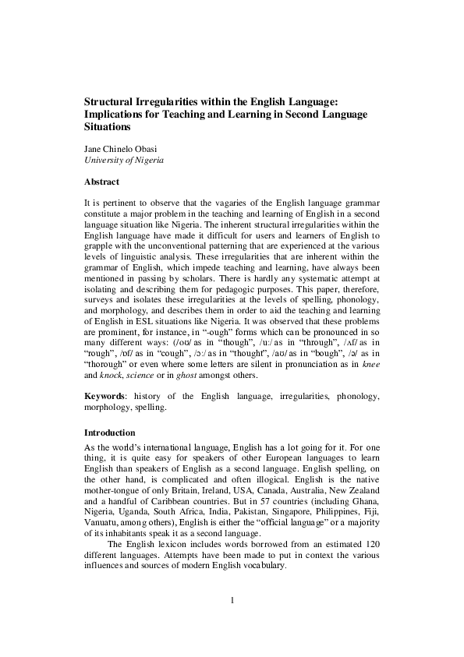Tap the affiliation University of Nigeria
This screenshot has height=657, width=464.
pos(123,161)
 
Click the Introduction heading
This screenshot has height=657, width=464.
pos(109,433)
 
